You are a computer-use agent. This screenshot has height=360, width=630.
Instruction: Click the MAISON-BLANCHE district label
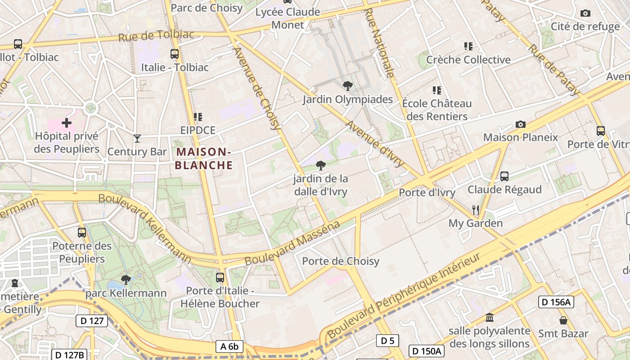(203, 158)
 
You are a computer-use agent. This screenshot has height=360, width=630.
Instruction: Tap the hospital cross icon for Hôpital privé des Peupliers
(67, 122)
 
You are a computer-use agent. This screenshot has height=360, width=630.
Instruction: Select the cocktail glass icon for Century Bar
(137, 139)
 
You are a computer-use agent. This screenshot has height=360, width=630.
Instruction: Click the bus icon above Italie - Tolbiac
(175, 54)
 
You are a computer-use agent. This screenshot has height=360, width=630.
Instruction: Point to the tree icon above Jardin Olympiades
(347, 86)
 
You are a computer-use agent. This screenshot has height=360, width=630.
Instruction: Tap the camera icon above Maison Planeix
(520, 124)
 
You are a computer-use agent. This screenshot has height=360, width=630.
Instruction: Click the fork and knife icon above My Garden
(476, 210)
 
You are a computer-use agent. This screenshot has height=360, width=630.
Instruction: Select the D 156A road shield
(556, 302)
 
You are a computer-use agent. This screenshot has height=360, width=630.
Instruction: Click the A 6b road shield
(229, 346)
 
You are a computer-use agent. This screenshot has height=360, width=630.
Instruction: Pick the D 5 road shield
(387, 341)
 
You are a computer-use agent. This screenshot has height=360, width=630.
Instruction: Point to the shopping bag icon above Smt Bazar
(563, 320)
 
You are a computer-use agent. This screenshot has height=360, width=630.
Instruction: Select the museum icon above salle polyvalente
(490, 318)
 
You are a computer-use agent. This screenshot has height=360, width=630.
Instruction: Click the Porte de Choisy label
(341, 261)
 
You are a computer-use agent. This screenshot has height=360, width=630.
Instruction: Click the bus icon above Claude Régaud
(504, 176)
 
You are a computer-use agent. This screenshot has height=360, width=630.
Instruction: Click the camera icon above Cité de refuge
(585, 13)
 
